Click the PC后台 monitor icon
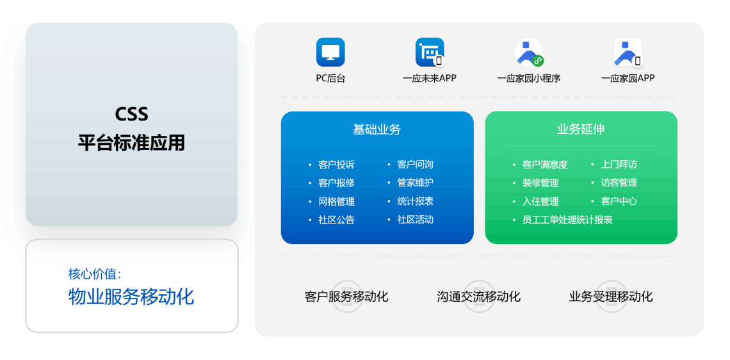[330, 52]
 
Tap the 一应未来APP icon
[430, 52]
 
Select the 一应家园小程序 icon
[529, 52]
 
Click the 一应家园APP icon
[628, 52]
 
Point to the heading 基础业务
[377, 129]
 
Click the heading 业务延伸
[581, 129]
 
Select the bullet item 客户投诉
[337, 165]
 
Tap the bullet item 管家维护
[416, 183]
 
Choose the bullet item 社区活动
[416, 219]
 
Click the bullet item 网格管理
[337, 201]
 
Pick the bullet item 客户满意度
[545, 165]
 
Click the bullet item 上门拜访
[619, 165]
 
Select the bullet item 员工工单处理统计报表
[567, 220]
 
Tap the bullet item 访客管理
[619, 183]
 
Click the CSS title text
[131, 114]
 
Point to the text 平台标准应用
[131, 142]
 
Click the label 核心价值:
[95, 274]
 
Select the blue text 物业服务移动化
[131, 296]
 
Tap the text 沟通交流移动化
[478, 297]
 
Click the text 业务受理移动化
[611, 297]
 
